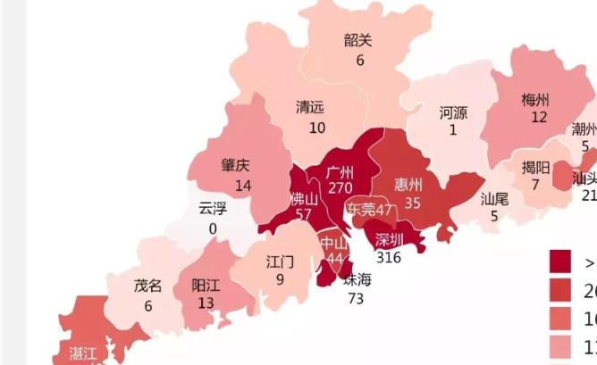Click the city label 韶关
click(357, 40)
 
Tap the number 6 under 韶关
click(359, 61)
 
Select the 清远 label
click(310, 107)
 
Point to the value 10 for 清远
click(317, 128)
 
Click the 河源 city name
click(453, 113)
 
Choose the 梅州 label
click(535, 100)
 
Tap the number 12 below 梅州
click(538, 117)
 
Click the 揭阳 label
click(536, 166)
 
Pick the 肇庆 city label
click(236, 165)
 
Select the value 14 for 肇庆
click(243, 186)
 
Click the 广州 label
click(341, 172)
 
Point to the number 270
click(341, 188)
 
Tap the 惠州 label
click(408, 185)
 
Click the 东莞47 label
click(369, 211)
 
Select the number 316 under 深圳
click(389, 257)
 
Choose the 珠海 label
click(357, 279)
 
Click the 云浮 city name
click(213, 210)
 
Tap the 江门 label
click(280, 262)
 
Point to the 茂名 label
click(148, 286)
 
